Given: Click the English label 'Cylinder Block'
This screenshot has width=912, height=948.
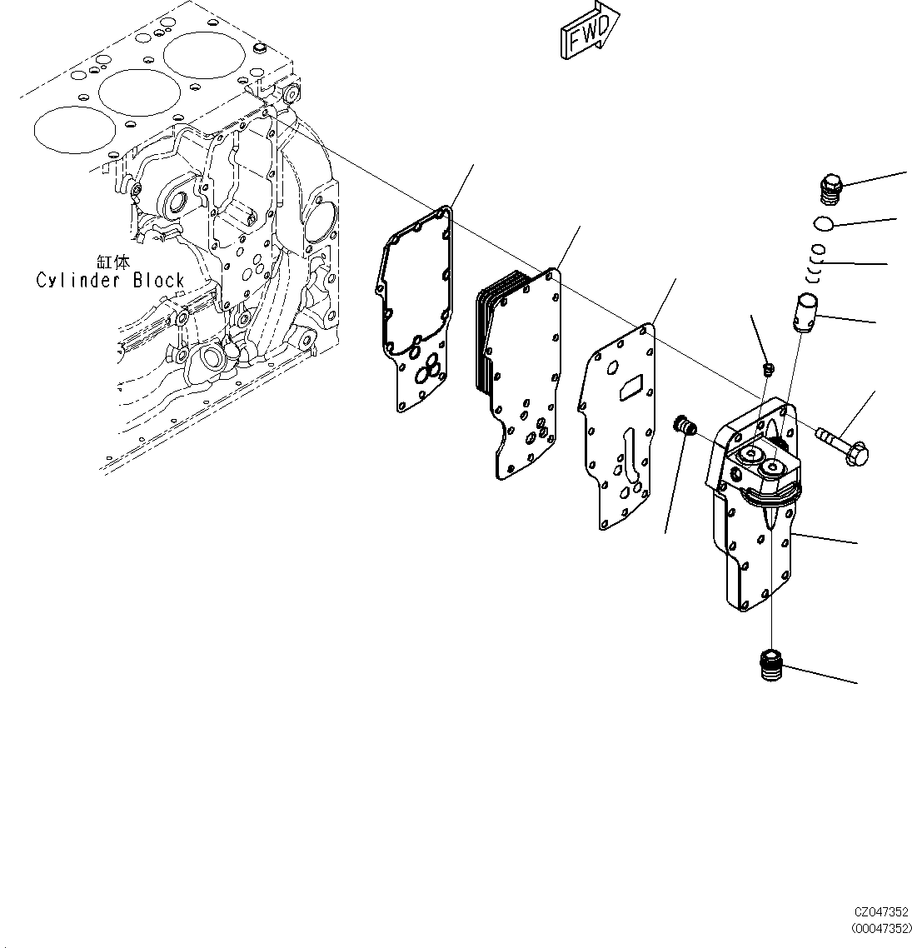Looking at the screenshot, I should pyautogui.click(x=109, y=280).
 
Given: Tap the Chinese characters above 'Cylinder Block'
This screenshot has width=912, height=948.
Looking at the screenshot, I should pyautogui.click(x=112, y=261).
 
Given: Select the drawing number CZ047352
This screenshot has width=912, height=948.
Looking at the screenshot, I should pyautogui.click(x=880, y=913).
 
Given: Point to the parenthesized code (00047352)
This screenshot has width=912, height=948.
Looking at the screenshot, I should pyautogui.click(x=880, y=928).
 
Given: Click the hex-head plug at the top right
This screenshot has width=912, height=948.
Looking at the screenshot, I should pyautogui.click(x=832, y=189).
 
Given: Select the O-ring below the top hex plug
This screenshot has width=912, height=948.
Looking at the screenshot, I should pyautogui.click(x=823, y=223).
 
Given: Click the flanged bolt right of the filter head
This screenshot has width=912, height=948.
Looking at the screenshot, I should pyautogui.click(x=842, y=444).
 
